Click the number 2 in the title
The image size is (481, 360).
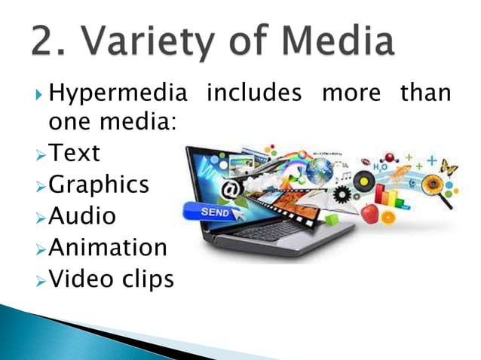pos(47,42)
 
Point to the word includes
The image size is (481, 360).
pos(254,95)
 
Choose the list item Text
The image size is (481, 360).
pos(74,153)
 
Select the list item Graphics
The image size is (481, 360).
pos(99,185)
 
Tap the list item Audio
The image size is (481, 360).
pos(82,216)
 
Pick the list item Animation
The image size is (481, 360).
pos(108,247)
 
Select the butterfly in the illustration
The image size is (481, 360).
pos(449,166)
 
